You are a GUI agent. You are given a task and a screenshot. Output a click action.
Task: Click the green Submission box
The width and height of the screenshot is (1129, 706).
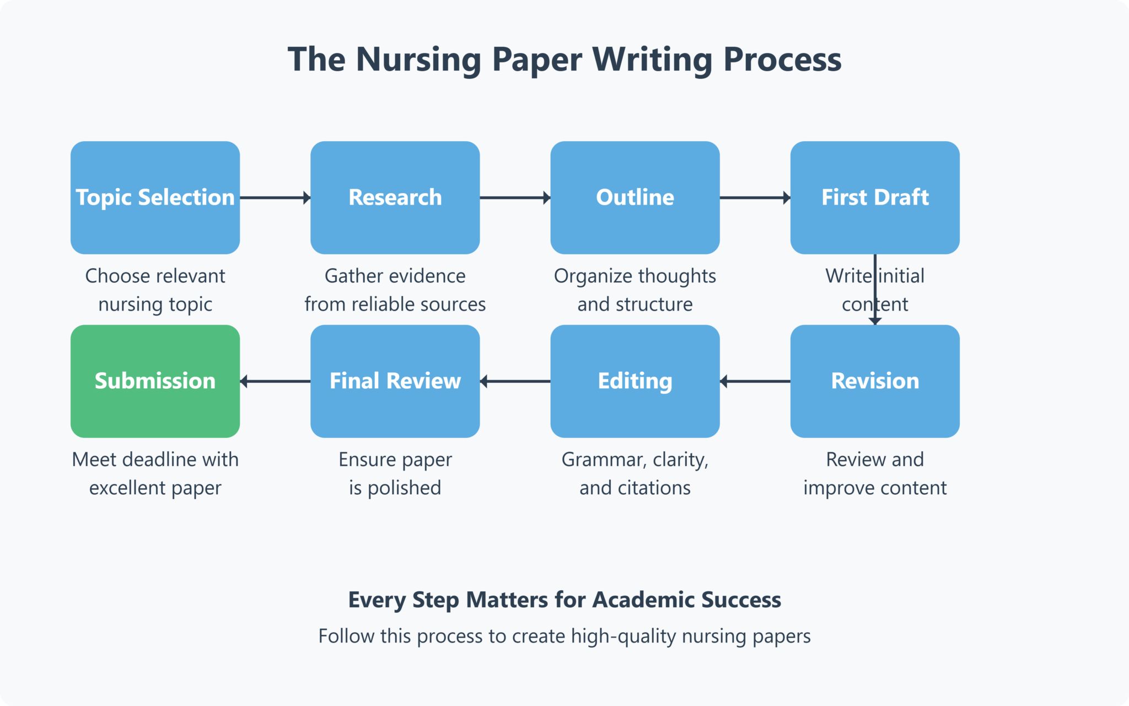point(155,381)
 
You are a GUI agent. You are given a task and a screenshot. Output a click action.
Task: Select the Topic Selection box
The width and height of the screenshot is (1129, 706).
point(155,197)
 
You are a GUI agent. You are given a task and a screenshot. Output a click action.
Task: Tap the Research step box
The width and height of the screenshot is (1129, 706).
point(395,197)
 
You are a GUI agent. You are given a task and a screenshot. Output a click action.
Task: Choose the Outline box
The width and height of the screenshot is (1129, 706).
point(635,197)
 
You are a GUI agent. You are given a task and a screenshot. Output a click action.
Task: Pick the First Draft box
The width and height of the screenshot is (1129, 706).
point(875,197)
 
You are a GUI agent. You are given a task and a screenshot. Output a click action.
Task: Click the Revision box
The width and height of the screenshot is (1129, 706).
point(875,381)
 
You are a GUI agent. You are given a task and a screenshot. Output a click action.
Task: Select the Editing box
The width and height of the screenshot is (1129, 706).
point(635,381)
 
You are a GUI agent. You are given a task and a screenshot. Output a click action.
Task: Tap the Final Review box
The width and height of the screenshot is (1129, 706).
point(395,381)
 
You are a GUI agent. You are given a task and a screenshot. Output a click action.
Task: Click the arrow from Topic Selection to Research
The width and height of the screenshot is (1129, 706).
point(275,197)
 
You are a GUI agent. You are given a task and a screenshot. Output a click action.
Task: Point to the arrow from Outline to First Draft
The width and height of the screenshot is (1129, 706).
point(755,197)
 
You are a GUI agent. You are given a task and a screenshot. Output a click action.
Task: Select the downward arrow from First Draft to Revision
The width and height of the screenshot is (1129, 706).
point(875,290)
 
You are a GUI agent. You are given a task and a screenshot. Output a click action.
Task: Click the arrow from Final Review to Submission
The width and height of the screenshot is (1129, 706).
point(275,381)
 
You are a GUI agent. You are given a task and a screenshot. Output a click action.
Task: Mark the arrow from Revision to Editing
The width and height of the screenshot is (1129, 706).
point(755,381)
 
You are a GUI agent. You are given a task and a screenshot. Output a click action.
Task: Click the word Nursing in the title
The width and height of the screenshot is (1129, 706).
point(418,60)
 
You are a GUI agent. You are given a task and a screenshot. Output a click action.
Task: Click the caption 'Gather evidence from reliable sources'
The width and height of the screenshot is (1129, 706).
point(395,290)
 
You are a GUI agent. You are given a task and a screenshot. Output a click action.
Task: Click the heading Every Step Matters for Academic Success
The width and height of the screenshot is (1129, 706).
point(564,600)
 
